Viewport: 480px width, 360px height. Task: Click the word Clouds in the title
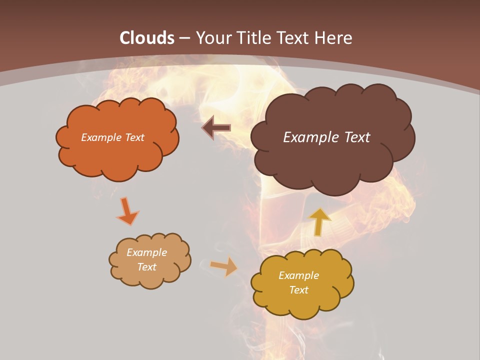click(x=147, y=38)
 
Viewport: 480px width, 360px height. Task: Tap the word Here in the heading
click(x=334, y=38)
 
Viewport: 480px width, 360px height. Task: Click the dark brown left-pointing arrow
click(x=216, y=128)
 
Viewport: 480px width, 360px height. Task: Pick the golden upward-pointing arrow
click(x=320, y=221)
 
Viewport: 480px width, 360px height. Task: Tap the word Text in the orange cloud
click(x=134, y=137)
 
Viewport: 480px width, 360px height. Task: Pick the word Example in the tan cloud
click(x=147, y=252)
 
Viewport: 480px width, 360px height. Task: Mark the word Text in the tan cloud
click(x=147, y=267)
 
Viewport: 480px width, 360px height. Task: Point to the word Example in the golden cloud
click(x=298, y=275)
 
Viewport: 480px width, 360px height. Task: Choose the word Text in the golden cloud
click(x=298, y=290)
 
